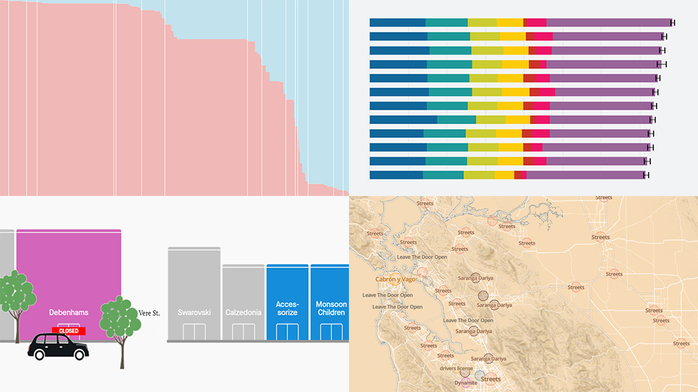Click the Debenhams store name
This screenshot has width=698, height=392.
(x=69, y=313)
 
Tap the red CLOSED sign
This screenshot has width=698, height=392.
(x=69, y=330)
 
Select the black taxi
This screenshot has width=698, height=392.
(x=58, y=347)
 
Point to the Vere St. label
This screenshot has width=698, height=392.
(x=150, y=312)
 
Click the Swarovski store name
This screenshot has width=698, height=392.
(x=194, y=313)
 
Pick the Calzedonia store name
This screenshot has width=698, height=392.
(x=243, y=313)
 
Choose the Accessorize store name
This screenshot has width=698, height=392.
(x=287, y=308)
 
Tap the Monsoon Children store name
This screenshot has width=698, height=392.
(x=331, y=308)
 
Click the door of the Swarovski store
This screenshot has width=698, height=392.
(x=194, y=332)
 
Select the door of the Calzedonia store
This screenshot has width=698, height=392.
(x=243, y=332)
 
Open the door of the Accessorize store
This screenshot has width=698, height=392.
(x=287, y=332)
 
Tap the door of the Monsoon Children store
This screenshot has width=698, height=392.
(x=331, y=332)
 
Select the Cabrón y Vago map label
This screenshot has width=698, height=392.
(x=396, y=279)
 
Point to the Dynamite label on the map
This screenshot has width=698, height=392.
(x=466, y=383)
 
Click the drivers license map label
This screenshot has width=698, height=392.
(x=457, y=368)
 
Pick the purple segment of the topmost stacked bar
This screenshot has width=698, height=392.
(x=608, y=23)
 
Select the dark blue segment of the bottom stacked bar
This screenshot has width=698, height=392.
(x=396, y=175)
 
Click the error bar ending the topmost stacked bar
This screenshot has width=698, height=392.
(x=673, y=23)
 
